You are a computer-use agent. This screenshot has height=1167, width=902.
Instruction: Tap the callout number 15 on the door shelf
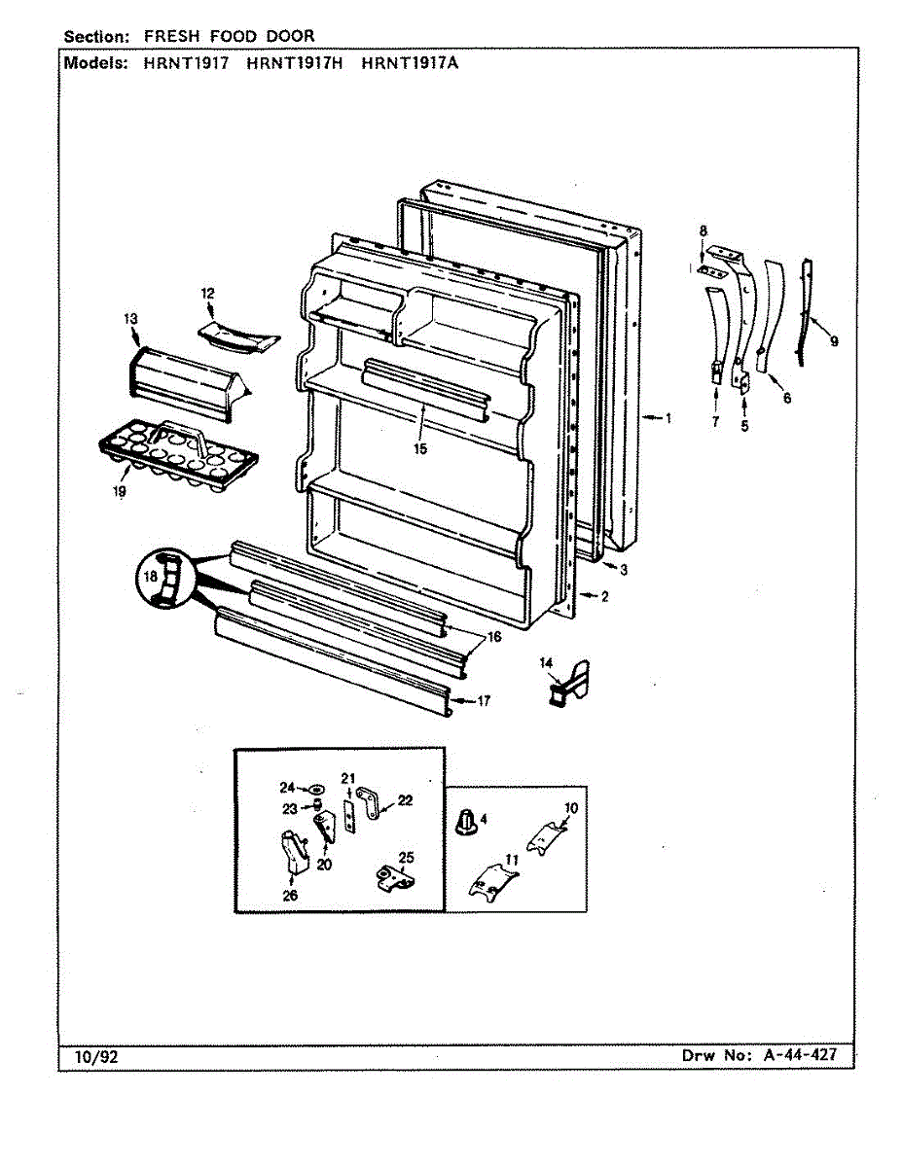pos(419,448)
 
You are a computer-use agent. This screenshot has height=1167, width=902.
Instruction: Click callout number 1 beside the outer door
pos(668,418)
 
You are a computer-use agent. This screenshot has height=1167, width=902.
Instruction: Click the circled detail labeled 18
pos(162,578)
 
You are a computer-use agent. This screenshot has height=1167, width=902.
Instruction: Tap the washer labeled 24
pos(317,789)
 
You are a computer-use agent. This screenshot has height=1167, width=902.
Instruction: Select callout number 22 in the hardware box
pos(405,800)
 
